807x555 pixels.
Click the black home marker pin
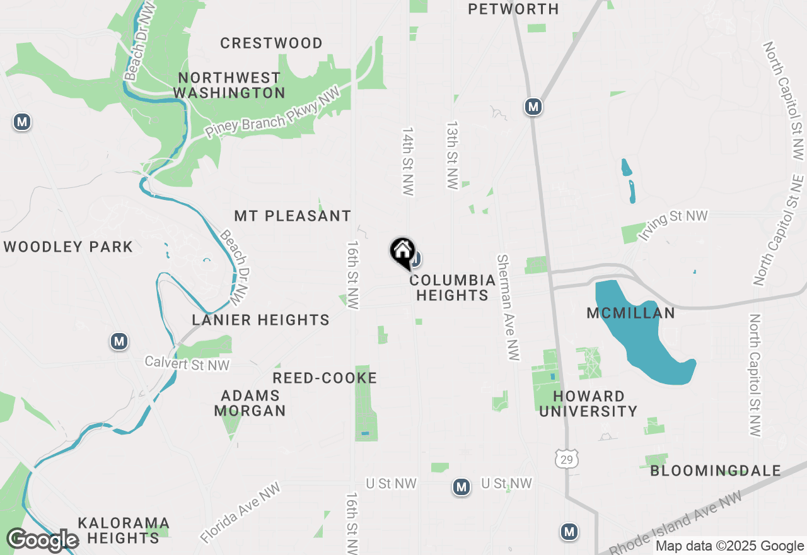tap(402, 253)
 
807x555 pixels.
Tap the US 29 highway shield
tap(567, 459)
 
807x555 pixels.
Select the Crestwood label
tap(271, 43)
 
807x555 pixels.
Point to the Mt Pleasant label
tap(293, 216)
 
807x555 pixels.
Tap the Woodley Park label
tap(68, 247)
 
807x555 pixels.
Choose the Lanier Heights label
tap(260, 320)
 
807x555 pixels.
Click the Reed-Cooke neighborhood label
tap(325, 378)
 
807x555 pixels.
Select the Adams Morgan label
tap(250, 403)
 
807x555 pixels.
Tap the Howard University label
tap(588, 404)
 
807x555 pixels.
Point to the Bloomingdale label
tap(716, 470)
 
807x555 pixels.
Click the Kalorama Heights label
tap(124, 530)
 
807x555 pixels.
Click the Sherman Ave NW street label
tap(509, 308)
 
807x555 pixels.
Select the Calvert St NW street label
tap(187, 363)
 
